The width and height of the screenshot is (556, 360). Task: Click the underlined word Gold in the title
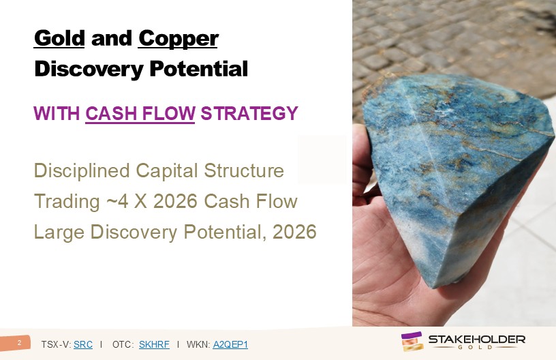59,38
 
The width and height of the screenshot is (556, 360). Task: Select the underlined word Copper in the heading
178,39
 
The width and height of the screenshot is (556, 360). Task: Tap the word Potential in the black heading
198,68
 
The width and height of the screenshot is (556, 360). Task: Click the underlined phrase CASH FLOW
140,113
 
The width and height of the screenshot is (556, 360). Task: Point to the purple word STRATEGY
249,113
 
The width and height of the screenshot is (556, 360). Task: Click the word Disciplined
82,170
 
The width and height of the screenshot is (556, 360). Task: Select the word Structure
244,170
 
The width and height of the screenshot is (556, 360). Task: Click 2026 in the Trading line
175,201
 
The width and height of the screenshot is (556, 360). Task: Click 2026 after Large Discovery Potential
294,232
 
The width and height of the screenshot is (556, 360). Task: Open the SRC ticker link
83,344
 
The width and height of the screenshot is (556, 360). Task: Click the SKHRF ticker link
154,344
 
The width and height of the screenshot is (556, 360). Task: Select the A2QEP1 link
230,344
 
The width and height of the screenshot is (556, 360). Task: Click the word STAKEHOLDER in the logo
477,340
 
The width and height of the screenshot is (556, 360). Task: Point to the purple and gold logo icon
412,341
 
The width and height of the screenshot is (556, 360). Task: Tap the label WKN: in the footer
198,344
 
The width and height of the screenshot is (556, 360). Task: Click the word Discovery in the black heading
89,69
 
